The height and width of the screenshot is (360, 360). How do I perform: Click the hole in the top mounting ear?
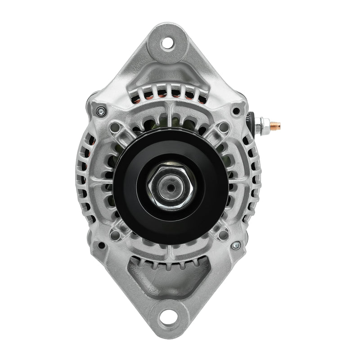pos(167,43)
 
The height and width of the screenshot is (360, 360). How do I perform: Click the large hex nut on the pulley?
pos(170,186)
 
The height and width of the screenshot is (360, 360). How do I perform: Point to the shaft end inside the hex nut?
pos(171,186)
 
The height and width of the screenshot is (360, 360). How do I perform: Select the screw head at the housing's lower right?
pos(235,246)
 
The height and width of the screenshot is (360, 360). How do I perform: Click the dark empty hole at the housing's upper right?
pos(236,111)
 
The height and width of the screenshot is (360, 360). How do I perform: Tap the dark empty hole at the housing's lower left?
pos(102,246)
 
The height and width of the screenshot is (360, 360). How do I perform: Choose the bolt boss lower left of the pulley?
pos(115,234)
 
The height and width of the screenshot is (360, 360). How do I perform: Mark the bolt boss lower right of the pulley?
pos(224,234)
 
